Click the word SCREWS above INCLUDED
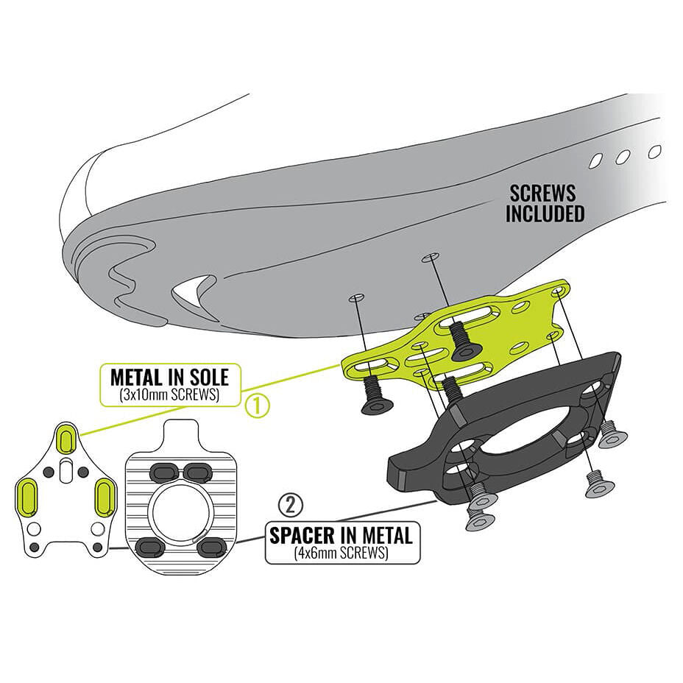point(542,194)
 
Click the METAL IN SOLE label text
point(169,378)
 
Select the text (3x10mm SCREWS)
point(169,395)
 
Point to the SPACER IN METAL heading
point(341,535)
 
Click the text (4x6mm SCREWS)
point(341,553)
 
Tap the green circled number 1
point(257,406)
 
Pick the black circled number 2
point(291,505)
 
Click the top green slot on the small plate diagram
point(67,438)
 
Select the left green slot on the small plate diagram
point(26,497)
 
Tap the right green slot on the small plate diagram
point(105,497)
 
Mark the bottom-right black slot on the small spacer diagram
point(211,546)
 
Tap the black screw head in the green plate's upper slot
point(464,341)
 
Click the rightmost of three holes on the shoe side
point(654,152)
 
